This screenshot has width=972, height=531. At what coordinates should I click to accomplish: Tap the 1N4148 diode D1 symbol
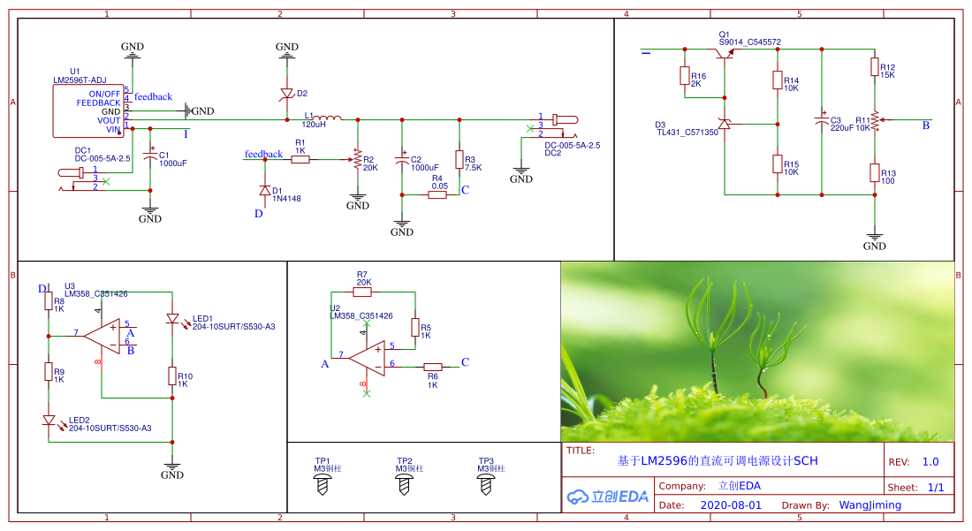[264, 190]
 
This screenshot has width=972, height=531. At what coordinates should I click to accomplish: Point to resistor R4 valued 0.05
[437, 194]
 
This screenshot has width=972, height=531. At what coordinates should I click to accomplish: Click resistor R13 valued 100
[874, 173]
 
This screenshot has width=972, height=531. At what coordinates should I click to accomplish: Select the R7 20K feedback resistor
[362, 292]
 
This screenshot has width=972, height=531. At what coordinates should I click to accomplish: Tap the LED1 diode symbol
[172, 319]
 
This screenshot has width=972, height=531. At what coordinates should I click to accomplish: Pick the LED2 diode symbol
[49, 421]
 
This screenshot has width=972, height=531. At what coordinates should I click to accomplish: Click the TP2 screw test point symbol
[405, 483]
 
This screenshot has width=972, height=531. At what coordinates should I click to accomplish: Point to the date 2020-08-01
[731, 505]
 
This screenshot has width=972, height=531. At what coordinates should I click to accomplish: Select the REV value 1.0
[930, 461]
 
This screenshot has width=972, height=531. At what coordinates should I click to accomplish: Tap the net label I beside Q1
[646, 53]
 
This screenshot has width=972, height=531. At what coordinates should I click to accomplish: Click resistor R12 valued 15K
[874, 67]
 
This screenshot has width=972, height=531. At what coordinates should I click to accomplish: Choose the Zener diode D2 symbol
[286, 94]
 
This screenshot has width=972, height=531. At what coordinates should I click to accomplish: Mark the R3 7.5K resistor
[459, 160]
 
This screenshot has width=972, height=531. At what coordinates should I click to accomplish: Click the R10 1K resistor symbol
[172, 376]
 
